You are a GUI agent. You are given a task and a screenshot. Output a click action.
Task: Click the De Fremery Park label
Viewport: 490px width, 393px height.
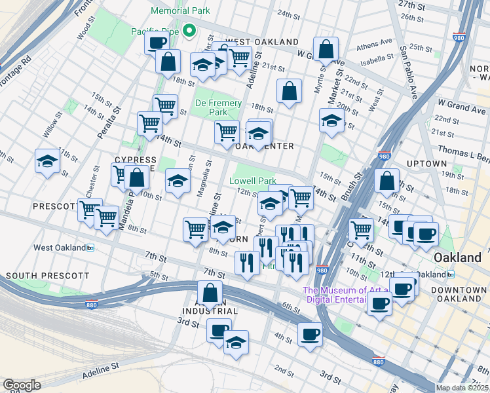[219, 108]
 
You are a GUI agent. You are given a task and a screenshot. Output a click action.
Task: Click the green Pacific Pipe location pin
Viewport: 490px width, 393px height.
[189, 29]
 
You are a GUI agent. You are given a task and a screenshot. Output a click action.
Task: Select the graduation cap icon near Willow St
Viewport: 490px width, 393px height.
[47, 161]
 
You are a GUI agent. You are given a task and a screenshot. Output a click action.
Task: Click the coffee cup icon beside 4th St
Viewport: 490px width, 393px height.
[310, 333]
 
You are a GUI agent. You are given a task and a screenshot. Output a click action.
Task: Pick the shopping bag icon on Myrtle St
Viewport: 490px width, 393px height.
[326, 48]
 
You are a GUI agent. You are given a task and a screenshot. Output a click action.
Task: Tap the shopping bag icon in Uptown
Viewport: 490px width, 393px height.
[387, 180]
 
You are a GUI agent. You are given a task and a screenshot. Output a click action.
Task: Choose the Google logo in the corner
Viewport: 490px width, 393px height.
[22, 385]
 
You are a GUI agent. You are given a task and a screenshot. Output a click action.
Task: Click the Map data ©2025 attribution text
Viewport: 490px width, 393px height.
[462, 388]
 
